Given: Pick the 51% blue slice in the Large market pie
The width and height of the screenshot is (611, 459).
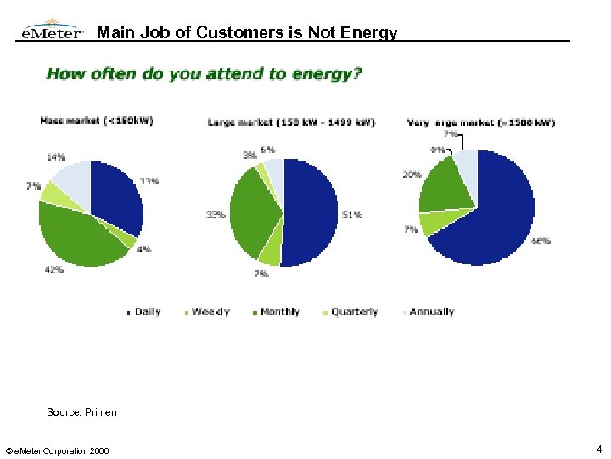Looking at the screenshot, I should tap(310, 212).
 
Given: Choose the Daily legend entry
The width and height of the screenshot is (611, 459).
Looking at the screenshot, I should tap(147, 313).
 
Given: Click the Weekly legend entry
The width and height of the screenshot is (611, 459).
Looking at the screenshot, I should tap(210, 313).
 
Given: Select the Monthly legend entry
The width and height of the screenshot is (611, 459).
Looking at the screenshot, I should tap(279, 313).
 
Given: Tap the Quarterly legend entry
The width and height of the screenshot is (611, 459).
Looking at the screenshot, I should tap(354, 313).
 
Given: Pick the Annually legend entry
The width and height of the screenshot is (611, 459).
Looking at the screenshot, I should tap(431, 313).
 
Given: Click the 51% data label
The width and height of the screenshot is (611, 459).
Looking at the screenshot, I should tap(352, 215).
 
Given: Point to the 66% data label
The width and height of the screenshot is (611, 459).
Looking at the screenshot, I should tap(541, 241).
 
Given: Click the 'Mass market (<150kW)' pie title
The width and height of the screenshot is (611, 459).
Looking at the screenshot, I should tap(97, 121).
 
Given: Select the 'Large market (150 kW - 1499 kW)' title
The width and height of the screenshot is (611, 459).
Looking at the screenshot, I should tap(291, 123).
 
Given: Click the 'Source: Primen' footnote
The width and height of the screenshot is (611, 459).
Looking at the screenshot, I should tap(81, 412).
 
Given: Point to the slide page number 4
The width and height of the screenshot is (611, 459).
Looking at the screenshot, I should tap(598, 449).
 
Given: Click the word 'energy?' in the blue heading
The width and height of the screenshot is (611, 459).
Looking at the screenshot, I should tap(327, 74).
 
